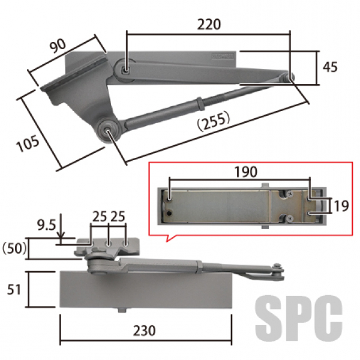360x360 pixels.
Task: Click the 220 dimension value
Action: click(x=209, y=25)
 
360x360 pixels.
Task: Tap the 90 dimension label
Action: click(x=58, y=46)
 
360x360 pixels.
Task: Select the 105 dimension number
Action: click(x=28, y=143)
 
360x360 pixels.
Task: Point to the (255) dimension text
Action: click(x=214, y=121)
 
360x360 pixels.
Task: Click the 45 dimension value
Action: click(x=330, y=67)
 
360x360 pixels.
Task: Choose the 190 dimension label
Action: click(x=245, y=172)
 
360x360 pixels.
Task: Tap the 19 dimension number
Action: click(x=341, y=206)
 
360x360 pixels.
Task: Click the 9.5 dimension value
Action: click(x=47, y=225)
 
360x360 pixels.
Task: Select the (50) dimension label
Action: click(x=14, y=248)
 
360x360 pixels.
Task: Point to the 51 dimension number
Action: click(x=14, y=290)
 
